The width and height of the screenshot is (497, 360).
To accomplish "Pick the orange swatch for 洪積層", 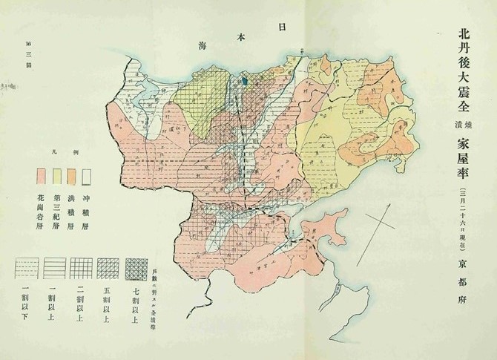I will click(x=72, y=176).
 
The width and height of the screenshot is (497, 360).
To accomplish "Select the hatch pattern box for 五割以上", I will click(x=108, y=266).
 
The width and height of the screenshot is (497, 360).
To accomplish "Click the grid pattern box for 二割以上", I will click(x=81, y=266).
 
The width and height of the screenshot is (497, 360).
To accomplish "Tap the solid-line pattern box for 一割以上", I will click(x=53, y=266).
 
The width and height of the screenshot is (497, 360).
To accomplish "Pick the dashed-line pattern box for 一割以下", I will click(x=27, y=266).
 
